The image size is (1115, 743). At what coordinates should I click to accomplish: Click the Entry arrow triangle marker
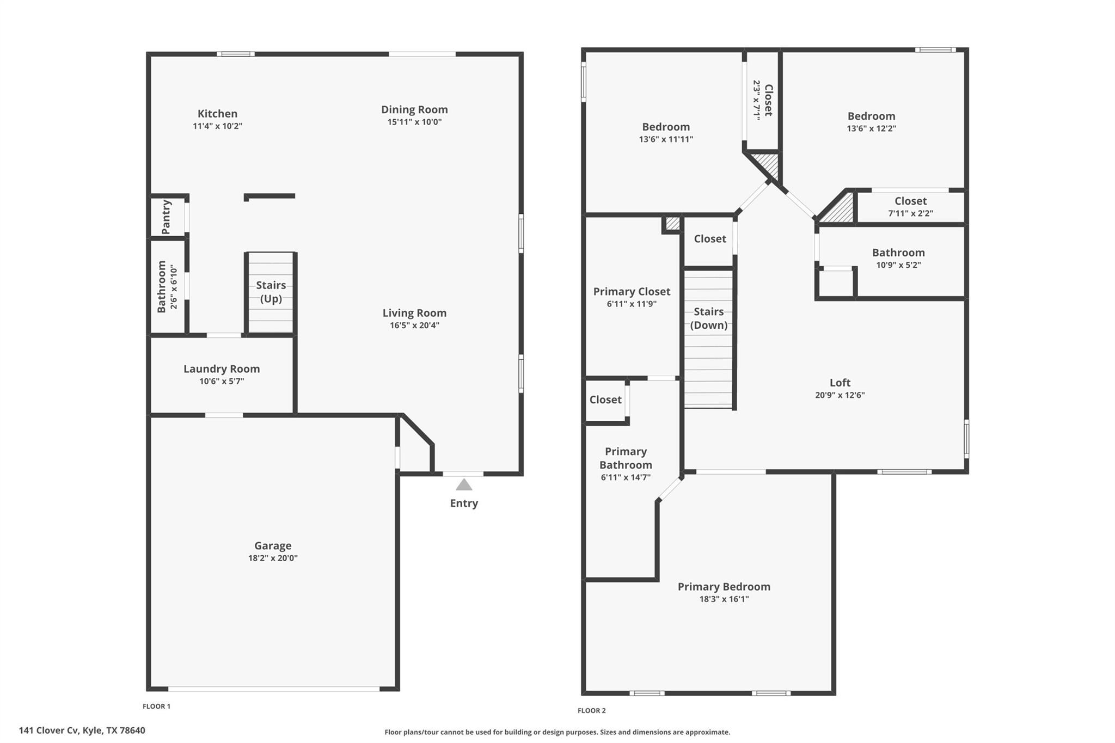(463, 484)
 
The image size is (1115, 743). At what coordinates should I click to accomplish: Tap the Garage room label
(273, 545)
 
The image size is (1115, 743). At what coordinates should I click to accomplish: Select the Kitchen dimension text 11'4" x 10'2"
(217, 126)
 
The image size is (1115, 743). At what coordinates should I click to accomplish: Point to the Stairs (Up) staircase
(271, 292)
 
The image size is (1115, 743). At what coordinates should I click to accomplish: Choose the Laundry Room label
(222, 369)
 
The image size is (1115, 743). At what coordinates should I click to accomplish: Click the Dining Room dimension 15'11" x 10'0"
(414, 122)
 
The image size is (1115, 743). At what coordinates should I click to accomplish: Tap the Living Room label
(414, 313)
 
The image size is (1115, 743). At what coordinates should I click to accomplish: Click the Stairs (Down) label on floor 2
(708, 318)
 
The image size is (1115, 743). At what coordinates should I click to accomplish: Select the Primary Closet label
(632, 292)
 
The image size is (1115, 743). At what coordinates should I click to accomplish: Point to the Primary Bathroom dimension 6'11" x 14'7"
(626, 478)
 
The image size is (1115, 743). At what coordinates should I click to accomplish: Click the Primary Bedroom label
(724, 587)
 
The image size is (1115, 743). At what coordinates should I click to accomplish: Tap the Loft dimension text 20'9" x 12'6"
(840, 396)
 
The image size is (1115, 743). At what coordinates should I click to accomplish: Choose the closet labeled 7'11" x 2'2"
(910, 207)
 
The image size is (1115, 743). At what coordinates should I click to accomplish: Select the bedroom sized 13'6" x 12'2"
(871, 122)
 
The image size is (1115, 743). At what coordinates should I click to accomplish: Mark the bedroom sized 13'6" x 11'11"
(666, 133)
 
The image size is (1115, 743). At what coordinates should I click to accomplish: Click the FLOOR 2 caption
(591, 710)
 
